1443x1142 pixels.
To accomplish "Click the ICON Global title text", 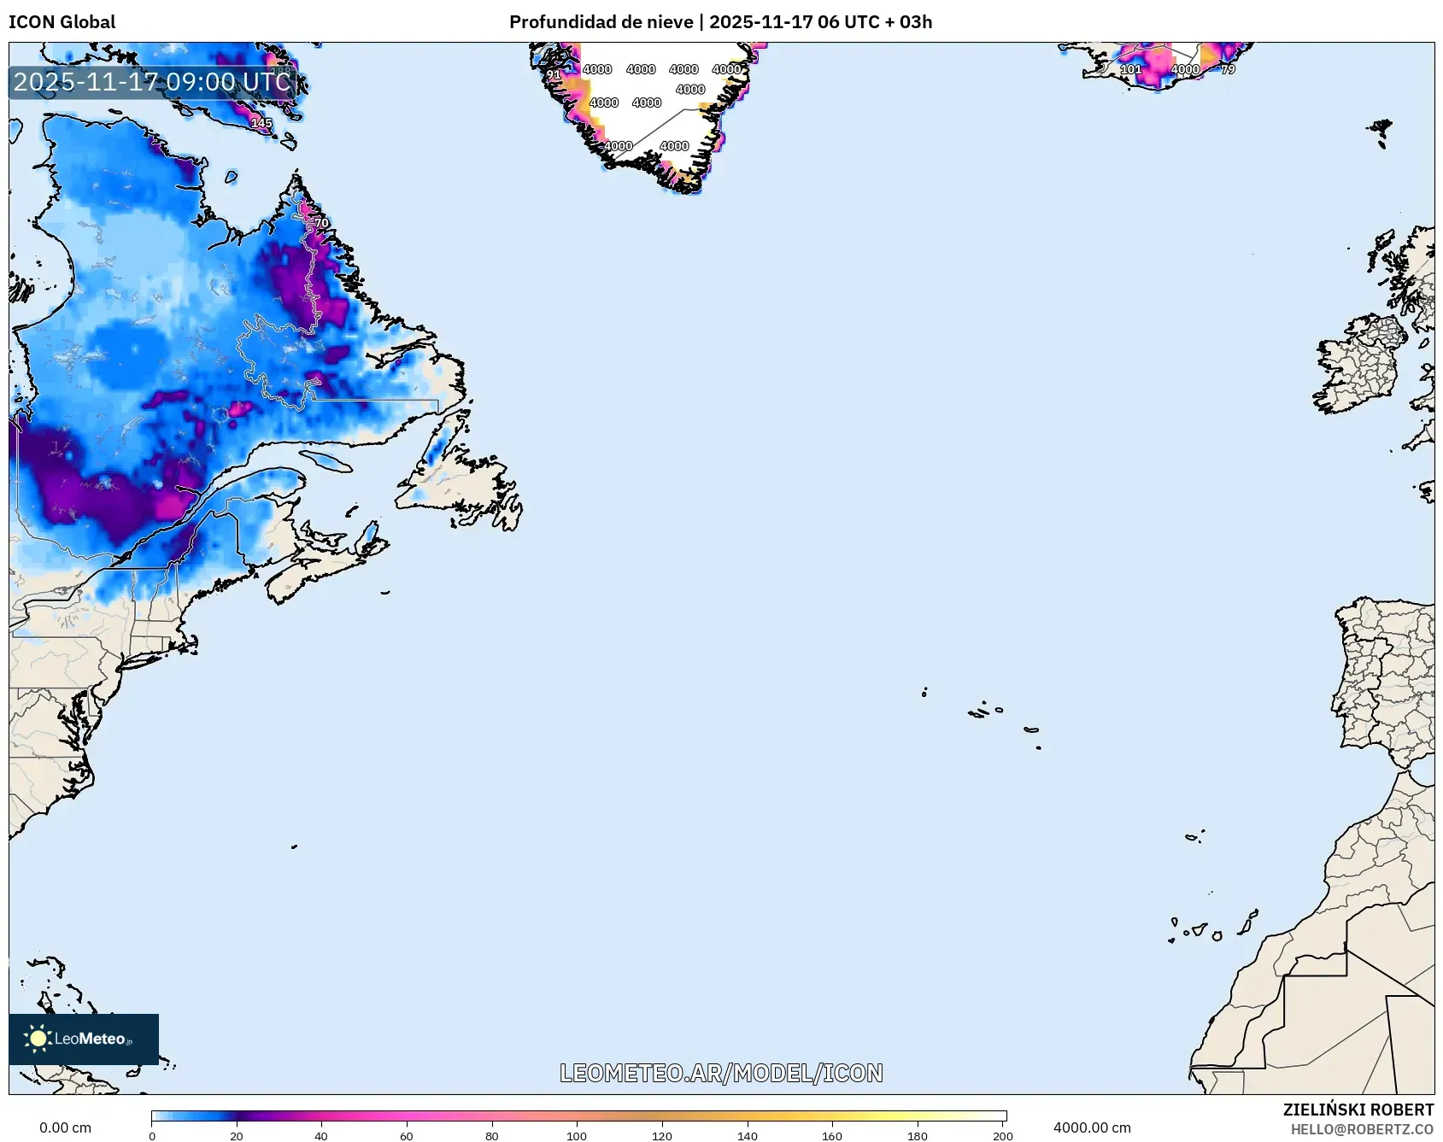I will pos(62,22).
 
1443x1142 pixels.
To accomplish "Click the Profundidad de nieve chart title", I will pos(720,22).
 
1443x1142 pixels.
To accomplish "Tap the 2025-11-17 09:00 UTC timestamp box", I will pos(152,82).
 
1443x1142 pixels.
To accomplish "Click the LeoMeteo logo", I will pos(84,1039).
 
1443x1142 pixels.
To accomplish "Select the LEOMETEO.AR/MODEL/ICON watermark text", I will pos(721,1073).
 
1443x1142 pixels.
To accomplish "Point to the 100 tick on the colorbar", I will pos(577,1135).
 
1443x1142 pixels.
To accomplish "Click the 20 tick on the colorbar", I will pos(237,1135).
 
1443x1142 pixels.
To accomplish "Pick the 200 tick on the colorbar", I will pos(1002,1135).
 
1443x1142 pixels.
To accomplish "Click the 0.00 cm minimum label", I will pos(65,1127).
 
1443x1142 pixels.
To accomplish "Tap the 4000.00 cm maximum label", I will pos(1091,1127).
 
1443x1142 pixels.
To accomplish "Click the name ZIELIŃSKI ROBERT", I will pos(1358,1110).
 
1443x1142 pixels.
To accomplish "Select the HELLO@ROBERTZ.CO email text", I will pos(1361,1129).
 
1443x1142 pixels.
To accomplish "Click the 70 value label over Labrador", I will pos(321,223).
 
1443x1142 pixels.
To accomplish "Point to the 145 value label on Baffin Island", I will pos(261,123).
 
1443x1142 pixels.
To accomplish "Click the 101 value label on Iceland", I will pos(1130,69).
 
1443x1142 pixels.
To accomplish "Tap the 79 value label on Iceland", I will pos(1228,69).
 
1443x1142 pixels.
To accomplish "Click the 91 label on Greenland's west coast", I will pos(554,75).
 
